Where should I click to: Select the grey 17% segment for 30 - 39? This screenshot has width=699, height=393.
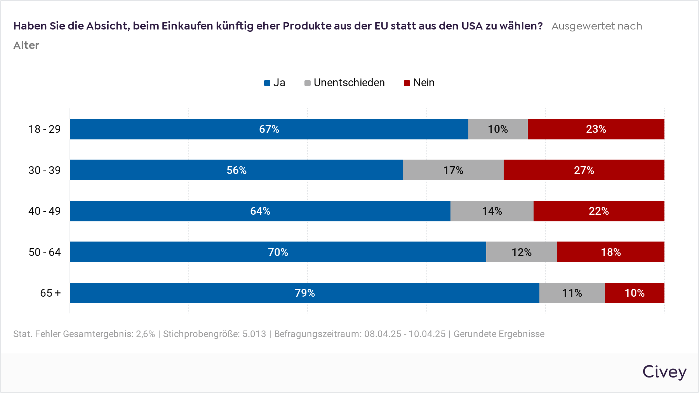tap(453, 170)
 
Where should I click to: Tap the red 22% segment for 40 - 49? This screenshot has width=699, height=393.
tap(598, 211)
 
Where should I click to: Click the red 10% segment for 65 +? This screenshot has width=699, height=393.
tap(635, 293)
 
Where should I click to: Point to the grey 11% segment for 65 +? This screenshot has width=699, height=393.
tap(572, 293)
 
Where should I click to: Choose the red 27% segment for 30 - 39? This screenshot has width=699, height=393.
tap(584, 170)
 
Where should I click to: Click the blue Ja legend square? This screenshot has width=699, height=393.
tap(267, 83)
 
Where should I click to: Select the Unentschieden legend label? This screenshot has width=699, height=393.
tap(349, 83)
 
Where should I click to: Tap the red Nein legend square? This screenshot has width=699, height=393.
tap(407, 83)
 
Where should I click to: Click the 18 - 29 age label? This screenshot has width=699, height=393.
tap(45, 129)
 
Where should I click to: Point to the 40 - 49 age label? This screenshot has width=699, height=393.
tap(45, 211)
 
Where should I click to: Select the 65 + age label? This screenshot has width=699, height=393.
tap(50, 293)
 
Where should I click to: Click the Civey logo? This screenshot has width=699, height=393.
tap(664, 372)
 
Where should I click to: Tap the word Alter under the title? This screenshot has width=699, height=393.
tap(26, 45)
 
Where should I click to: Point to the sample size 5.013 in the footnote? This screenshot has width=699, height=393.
tap(254, 334)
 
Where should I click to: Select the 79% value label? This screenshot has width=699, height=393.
tap(305, 293)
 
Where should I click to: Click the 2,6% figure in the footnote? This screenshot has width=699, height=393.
tap(145, 334)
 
